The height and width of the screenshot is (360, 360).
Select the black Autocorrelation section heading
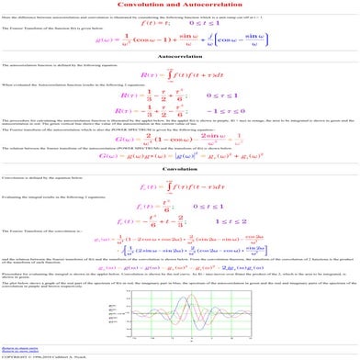tap(179, 55)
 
